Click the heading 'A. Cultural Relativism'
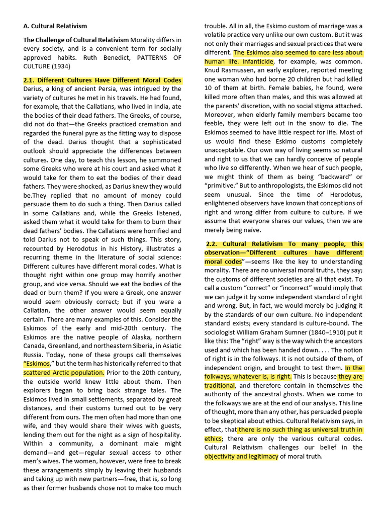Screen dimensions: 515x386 tap(55, 26)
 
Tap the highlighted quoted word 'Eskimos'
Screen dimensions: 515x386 tap(37, 364)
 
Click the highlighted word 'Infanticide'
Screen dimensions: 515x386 tap(257, 61)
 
